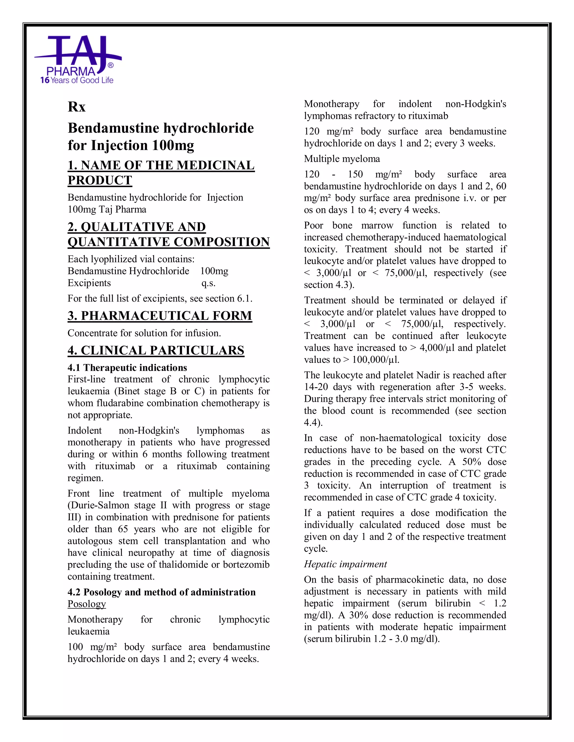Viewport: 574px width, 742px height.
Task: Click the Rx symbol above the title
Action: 77,107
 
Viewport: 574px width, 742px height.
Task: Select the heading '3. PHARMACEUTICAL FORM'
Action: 160,316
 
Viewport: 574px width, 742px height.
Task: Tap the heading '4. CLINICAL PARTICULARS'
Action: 156,350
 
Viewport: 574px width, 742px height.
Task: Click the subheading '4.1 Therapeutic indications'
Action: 127,368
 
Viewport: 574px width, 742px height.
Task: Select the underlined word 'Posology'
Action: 87,604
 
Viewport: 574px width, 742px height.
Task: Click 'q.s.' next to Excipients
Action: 208,283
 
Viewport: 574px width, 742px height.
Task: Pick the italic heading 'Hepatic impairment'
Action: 345,564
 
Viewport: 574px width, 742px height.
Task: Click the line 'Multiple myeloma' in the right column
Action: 342,159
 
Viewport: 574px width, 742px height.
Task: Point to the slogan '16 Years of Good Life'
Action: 77,80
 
